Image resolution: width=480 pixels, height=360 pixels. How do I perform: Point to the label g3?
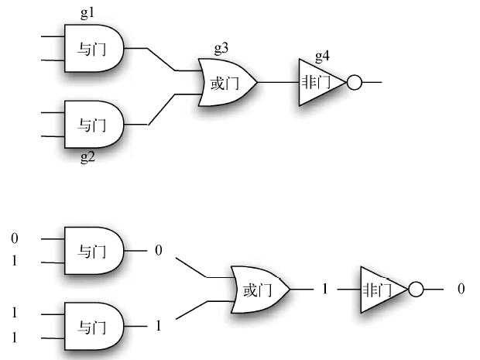click(x=221, y=50)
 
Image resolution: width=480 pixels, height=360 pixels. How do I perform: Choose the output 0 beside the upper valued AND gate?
click(x=158, y=250)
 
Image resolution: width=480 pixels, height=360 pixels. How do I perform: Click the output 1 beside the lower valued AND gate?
click(x=159, y=326)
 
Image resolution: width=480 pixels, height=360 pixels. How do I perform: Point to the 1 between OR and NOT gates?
click(x=325, y=289)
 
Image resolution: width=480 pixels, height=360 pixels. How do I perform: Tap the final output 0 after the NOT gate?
click(x=461, y=289)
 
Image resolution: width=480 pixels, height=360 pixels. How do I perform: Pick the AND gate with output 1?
click(x=93, y=325)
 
